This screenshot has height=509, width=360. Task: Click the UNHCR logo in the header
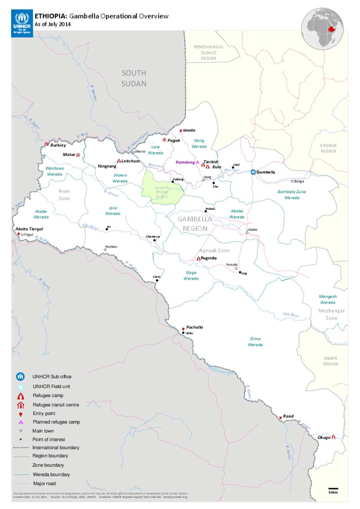click(22, 23)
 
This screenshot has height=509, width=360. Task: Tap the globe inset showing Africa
click(322, 28)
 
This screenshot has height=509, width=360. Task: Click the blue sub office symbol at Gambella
click(253, 172)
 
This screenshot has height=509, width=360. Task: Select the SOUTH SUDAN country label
click(134, 78)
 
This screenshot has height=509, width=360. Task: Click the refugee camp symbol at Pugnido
click(199, 258)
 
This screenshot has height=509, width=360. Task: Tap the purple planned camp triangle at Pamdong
click(198, 162)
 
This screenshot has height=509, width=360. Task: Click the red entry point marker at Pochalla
click(183, 329)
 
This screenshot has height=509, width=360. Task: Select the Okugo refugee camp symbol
click(333, 437)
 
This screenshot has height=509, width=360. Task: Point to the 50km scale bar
click(333, 489)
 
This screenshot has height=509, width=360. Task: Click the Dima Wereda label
click(256, 342)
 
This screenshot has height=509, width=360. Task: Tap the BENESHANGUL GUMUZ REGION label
click(209, 52)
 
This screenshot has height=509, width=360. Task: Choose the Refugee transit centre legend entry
click(56, 405)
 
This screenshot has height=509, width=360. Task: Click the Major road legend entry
click(44, 483)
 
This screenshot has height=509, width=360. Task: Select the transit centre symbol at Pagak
click(164, 140)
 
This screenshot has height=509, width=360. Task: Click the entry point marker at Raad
click(281, 418)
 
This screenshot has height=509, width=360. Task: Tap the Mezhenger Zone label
click(332, 314)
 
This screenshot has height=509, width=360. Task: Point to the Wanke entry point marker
click(181, 131)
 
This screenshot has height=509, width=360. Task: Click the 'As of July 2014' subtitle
click(53, 24)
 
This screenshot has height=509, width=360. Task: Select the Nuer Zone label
click(64, 195)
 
